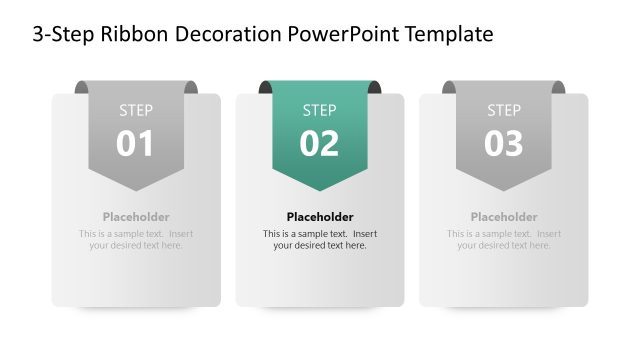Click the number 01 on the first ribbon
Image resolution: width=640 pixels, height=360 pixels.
click(x=136, y=144)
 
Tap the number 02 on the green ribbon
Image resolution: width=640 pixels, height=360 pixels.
click(x=320, y=144)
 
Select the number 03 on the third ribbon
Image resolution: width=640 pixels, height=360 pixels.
click(x=504, y=144)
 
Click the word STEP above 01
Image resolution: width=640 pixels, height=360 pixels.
click(x=136, y=110)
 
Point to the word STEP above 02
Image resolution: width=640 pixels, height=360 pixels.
click(x=320, y=110)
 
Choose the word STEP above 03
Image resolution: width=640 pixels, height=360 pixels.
click(x=504, y=110)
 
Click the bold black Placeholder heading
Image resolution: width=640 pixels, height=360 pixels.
click(x=320, y=217)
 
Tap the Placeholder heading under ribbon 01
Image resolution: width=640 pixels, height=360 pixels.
click(x=136, y=217)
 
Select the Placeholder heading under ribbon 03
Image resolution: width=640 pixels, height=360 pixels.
click(x=504, y=217)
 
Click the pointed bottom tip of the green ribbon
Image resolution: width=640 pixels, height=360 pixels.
click(x=320, y=189)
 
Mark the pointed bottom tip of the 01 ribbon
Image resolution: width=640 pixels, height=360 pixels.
click(x=136, y=189)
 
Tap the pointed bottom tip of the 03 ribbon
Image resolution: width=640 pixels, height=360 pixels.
click(x=504, y=189)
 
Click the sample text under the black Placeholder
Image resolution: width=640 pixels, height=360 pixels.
click(x=320, y=240)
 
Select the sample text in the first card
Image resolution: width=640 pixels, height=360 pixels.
click(x=136, y=240)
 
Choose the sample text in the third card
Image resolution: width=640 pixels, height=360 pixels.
click(x=504, y=240)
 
